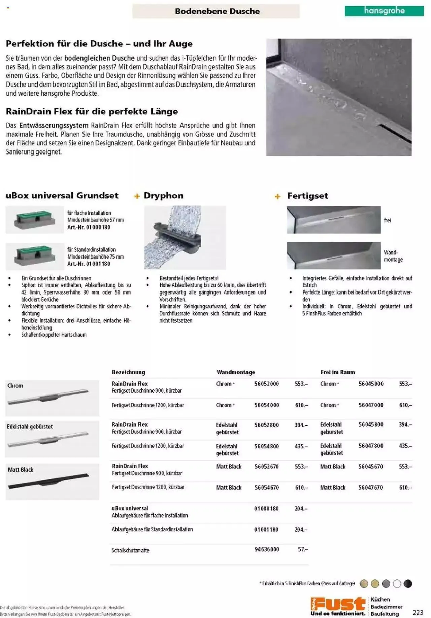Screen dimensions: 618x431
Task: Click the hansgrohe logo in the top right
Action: pyautogui.click(x=384, y=11)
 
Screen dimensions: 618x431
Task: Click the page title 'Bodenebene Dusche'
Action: pyautogui.click(x=217, y=11)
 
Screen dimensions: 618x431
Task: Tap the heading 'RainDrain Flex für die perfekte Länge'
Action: pyautogui.click(x=92, y=111)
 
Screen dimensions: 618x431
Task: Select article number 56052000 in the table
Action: pyautogui.click(x=266, y=384)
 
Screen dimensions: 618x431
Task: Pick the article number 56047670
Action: pyautogui.click(x=370, y=487)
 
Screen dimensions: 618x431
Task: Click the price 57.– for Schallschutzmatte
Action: pyautogui.click(x=303, y=549)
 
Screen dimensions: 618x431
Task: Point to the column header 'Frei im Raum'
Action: pyautogui.click(x=337, y=372)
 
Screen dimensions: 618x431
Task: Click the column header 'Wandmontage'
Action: pyautogui.click(x=236, y=372)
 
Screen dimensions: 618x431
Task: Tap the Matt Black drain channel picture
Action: pyautogui.click(x=52, y=481)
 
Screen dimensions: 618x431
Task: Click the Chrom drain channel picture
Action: pyautogui.click(x=52, y=398)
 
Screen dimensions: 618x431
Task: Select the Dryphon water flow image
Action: pyautogui.click(x=185, y=237)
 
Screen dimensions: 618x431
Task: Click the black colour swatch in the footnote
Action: pyautogui.click(x=408, y=584)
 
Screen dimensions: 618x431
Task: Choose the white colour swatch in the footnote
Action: pyautogui.click(x=397, y=584)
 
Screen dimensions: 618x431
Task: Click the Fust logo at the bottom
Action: pyautogui.click(x=338, y=606)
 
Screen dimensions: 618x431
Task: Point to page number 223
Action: pyautogui.click(x=418, y=612)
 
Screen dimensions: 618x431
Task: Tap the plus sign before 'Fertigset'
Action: pyautogui.click(x=277, y=196)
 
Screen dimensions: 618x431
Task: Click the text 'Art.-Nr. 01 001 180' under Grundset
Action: pyautogui.click(x=89, y=264)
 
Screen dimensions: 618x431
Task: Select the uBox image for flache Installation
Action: pyautogui.click(x=35, y=220)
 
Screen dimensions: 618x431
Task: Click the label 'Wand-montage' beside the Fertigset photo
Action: pyautogui.click(x=393, y=256)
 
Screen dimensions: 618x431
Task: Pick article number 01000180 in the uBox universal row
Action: pyautogui.click(x=266, y=508)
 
